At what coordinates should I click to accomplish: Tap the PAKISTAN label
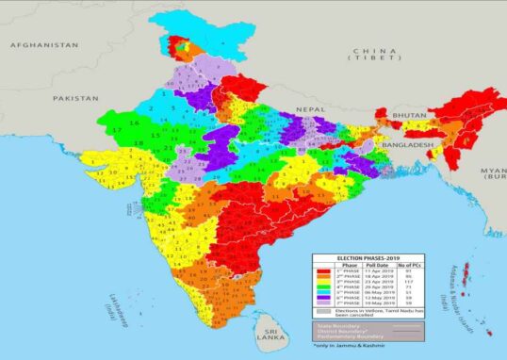75,98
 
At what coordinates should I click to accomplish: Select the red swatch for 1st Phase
325,270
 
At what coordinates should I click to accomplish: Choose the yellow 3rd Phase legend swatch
325,283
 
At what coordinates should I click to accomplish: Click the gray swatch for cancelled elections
325,310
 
